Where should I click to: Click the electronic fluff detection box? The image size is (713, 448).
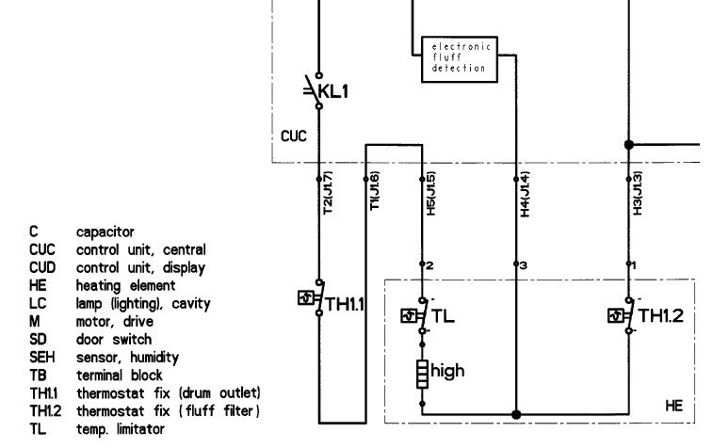(x=460, y=59)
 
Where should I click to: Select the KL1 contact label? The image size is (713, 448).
(x=333, y=91)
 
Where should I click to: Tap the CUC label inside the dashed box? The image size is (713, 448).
(x=294, y=136)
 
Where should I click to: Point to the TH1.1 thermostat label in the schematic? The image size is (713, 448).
(x=345, y=304)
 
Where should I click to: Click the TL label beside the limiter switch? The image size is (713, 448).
(x=443, y=316)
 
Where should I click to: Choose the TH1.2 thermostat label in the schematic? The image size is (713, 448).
(x=660, y=316)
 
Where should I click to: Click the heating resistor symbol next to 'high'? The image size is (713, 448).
(x=423, y=374)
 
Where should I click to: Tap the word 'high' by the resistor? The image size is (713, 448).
(x=447, y=371)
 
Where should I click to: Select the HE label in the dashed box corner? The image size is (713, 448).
(x=673, y=406)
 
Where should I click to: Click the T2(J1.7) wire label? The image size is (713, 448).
(x=328, y=193)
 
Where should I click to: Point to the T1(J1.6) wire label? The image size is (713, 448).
(x=374, y=191)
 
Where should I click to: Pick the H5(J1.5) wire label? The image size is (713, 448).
(x=431, y=193)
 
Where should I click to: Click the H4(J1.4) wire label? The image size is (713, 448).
(x=526, y=194)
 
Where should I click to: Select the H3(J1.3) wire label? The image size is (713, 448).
(x=638, y=193)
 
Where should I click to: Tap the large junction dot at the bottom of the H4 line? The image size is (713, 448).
(x=516, y=414)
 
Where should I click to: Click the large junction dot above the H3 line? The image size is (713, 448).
(x=629, y=145)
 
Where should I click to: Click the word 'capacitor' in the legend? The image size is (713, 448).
(x=105, y=232)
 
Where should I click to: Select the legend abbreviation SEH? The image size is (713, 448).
(x=41, y=357)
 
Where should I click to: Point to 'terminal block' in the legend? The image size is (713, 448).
(x=119, y=376)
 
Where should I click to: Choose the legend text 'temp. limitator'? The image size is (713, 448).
(x=121, y=429)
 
